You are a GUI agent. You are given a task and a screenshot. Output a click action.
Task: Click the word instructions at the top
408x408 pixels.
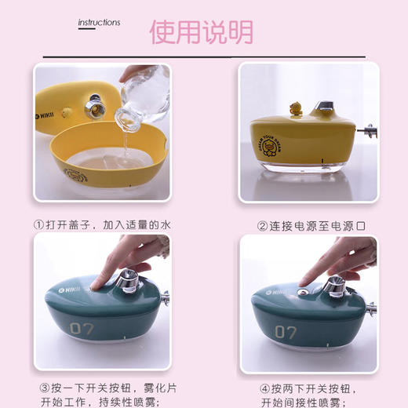(100, 23)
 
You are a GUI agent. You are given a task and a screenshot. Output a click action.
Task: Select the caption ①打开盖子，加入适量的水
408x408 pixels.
(102, 224)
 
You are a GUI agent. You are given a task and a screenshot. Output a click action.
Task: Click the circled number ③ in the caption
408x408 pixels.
(44, 388)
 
